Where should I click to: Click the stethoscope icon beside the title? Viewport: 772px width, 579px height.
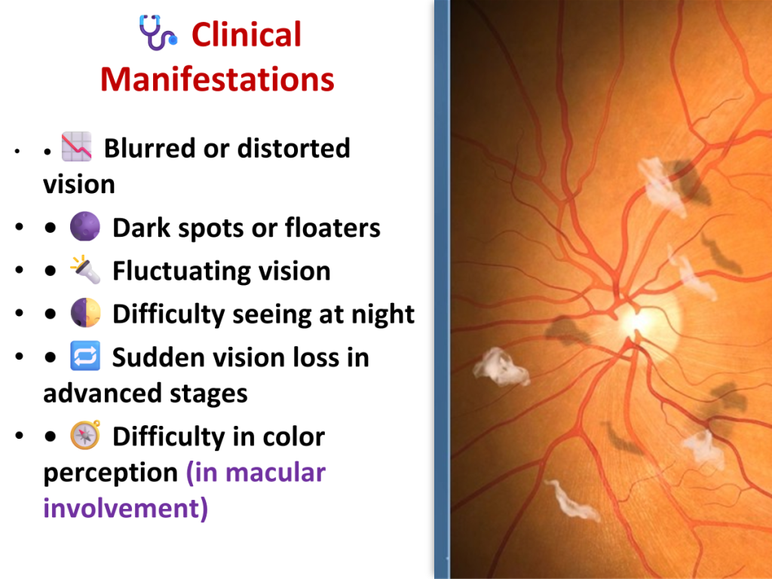click(x=157, y=32)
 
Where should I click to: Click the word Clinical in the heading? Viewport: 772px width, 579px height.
click(x=247, y=35)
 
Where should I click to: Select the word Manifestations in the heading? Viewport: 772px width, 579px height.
click(x=217, y=79)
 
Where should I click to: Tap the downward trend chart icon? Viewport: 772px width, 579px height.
click(x=76, y=147)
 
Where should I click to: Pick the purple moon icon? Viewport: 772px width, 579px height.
click(x=85, y=226)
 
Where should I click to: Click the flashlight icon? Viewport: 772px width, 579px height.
click(x=85, y=269)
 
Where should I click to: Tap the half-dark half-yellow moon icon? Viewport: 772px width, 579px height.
click(x=86, y=313)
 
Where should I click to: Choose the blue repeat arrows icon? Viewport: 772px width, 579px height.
click(x=85, y=356)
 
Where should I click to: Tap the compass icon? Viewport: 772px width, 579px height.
click(x=86, y=435)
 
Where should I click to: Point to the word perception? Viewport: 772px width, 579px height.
click(x=110, y=473)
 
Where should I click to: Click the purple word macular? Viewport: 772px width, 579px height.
click(x=275, y=472)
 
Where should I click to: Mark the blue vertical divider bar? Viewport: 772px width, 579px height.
click(x=442, y=289)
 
